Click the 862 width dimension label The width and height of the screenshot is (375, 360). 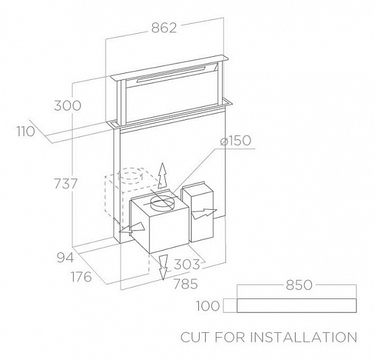[x=164, y=28]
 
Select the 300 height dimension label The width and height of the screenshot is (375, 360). [x=68, y=106]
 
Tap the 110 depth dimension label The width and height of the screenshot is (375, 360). [x=26, y=132]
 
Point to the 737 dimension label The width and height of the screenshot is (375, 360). [x=66, y=184]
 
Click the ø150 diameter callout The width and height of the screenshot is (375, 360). [x=236, y=141]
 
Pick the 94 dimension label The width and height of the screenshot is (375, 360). [x=65, y=258]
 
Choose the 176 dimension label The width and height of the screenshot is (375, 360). [x=81, y=277]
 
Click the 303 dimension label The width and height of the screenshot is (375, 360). [x=186, y=265]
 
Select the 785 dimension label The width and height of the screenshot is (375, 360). [x=185, y=284]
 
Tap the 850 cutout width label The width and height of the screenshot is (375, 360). [x=299, y=285]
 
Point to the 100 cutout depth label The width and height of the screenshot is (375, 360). [x=208, y=306]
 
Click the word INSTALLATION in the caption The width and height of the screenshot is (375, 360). [x=304, y=337]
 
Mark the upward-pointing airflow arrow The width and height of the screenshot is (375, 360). [x=162, y=176]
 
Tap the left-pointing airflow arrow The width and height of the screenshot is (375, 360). [x=132, y=228]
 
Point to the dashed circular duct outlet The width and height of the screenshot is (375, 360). [x=129, y=175]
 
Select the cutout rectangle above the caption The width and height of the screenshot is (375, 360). [x=296, y=305]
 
